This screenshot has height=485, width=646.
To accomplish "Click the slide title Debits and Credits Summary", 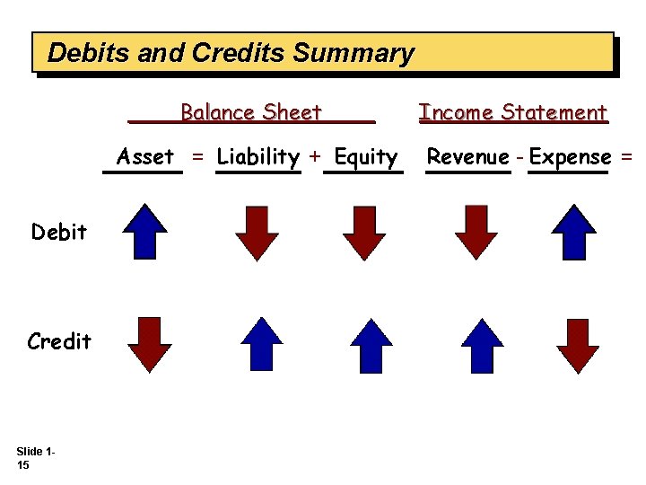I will pyautogui.click(x=231, y=53).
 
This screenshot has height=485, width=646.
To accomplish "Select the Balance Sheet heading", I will pyautogui.click(x=250, y=112).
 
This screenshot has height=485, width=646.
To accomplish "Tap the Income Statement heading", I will pyautogui.click(x=513, y=112).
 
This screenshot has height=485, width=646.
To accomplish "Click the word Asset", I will pyautogui.click(x=145, y=156).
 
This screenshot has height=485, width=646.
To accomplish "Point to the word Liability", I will pyautogui.click(x=258, y=156).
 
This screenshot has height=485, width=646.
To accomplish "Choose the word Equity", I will pyautogui.click(x=365, y=157).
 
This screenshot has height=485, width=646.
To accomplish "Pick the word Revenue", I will pyautogui.click(x=467, y=156).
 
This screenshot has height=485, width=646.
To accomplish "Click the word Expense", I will pyautogui.click(x=570, y=156).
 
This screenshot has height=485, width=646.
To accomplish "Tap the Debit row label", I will pyautogui.click(x=59, y=232).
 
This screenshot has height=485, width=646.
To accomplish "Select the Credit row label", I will pyautogui.click(x=59, y=341).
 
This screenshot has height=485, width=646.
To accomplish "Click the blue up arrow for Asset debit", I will pyautogui.click(x=145, y=232).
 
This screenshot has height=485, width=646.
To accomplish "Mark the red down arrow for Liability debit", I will pyautogui.click(x=257, y=233).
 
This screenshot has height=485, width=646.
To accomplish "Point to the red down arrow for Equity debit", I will pyautogui.click(x=364, y=233).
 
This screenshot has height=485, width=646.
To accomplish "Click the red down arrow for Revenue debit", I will pyautogui.click(x=476, y=232).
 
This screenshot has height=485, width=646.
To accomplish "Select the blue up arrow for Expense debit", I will pyautogui.click(x=573, y=232).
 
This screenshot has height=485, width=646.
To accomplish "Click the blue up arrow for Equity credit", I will pyautogui.click(x=370, y=344).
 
